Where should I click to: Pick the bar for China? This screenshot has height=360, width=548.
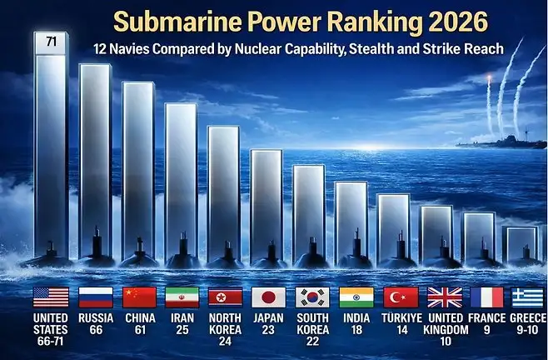pyautogui.click(x=137, y=167)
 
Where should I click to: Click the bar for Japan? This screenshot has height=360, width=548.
pyautogui.click(x=267, y=200)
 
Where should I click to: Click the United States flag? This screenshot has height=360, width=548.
pyautogui.click(x=51, y=297)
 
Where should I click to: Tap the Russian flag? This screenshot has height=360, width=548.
pyautogui.click(x=95, y=297)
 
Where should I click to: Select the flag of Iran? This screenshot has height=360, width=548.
pyautogui.click(x=182, y=297)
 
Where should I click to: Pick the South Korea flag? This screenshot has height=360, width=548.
pyautogui.click(x=312, y=297)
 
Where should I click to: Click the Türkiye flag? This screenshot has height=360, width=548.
pyautogui.click(x=399, y=297)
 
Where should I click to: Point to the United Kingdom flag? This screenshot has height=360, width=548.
pyautogui.click(x=443, y=297)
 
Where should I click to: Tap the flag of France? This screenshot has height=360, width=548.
pyautogui.click(x=486, y=297)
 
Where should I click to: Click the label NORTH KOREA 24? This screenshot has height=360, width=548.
pyautogui.click(x=225, y=329)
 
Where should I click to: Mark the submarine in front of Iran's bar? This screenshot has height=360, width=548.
pyautogui.click(x=183, y=250)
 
